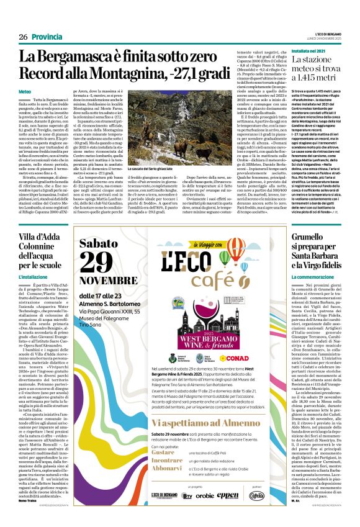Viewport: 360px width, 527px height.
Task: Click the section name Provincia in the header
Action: click(x=47, y=37)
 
